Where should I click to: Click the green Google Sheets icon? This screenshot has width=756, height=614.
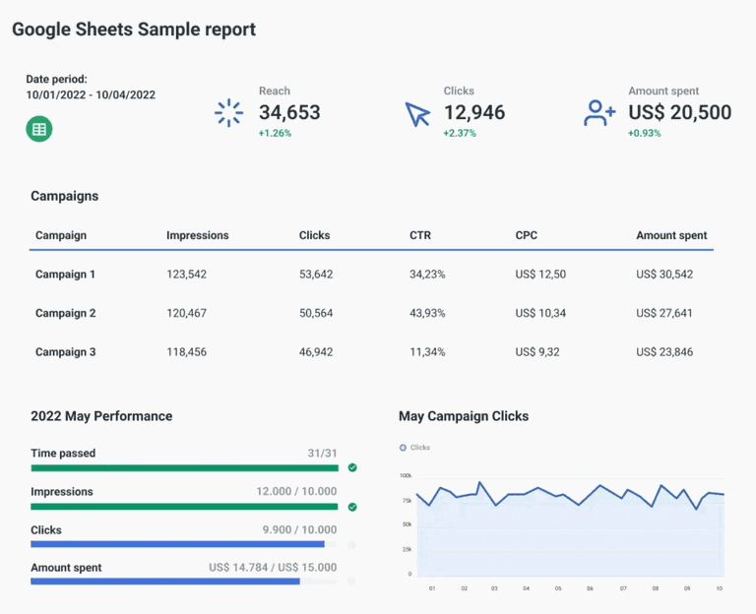click(38, 129)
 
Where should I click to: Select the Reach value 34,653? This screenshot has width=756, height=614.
click(289, 113)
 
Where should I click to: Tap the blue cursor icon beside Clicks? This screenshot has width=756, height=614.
click(418, 114)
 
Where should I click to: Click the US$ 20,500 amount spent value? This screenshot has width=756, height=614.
click(679, 113)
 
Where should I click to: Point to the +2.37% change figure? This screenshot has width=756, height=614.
click(460, 134)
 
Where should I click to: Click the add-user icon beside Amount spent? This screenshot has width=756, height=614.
click(598, 113)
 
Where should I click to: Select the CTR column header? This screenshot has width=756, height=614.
click(420, 236)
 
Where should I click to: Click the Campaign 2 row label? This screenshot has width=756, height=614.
click(65, 313)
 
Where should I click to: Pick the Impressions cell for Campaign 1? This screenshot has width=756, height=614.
click(186, 275)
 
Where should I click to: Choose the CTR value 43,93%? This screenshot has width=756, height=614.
click(427, 313)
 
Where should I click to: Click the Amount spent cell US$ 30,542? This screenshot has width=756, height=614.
click(664, 275)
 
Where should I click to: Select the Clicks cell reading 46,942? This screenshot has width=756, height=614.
click(316, 351)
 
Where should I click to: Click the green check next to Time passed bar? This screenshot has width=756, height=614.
click(351, 468)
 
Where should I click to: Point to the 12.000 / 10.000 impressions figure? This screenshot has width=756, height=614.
click(296, 492)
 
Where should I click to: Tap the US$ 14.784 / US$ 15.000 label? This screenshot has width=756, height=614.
click(273, 568)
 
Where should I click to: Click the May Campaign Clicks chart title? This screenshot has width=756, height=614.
click(464, 416)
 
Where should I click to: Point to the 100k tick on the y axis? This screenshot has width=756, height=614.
click(406, 475)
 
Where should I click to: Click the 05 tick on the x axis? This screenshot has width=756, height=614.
click(558, 588)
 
